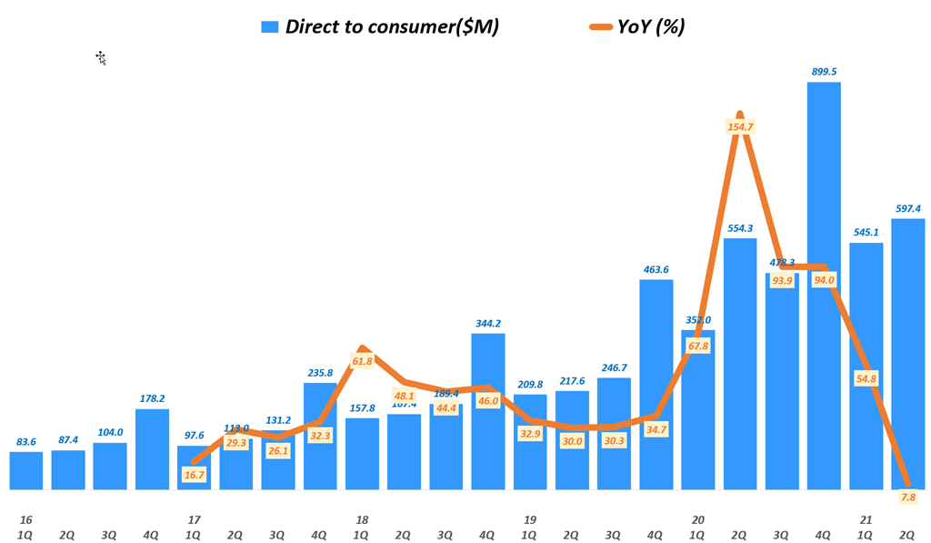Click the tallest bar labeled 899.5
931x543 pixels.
824,286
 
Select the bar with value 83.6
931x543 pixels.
26,470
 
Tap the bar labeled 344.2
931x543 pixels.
488,411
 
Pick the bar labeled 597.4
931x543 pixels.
907,354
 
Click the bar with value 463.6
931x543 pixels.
656,384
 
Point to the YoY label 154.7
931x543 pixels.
740,126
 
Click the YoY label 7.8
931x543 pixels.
907,497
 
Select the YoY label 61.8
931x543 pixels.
362,361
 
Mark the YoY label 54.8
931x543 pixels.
866,377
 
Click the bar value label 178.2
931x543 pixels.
152,397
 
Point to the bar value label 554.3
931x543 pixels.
740,226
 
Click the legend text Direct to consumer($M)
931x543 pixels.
392,26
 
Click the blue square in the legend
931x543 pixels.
269,26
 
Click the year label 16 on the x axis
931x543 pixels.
26,519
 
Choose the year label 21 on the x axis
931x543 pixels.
866,519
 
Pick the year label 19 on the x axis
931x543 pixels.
530,519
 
